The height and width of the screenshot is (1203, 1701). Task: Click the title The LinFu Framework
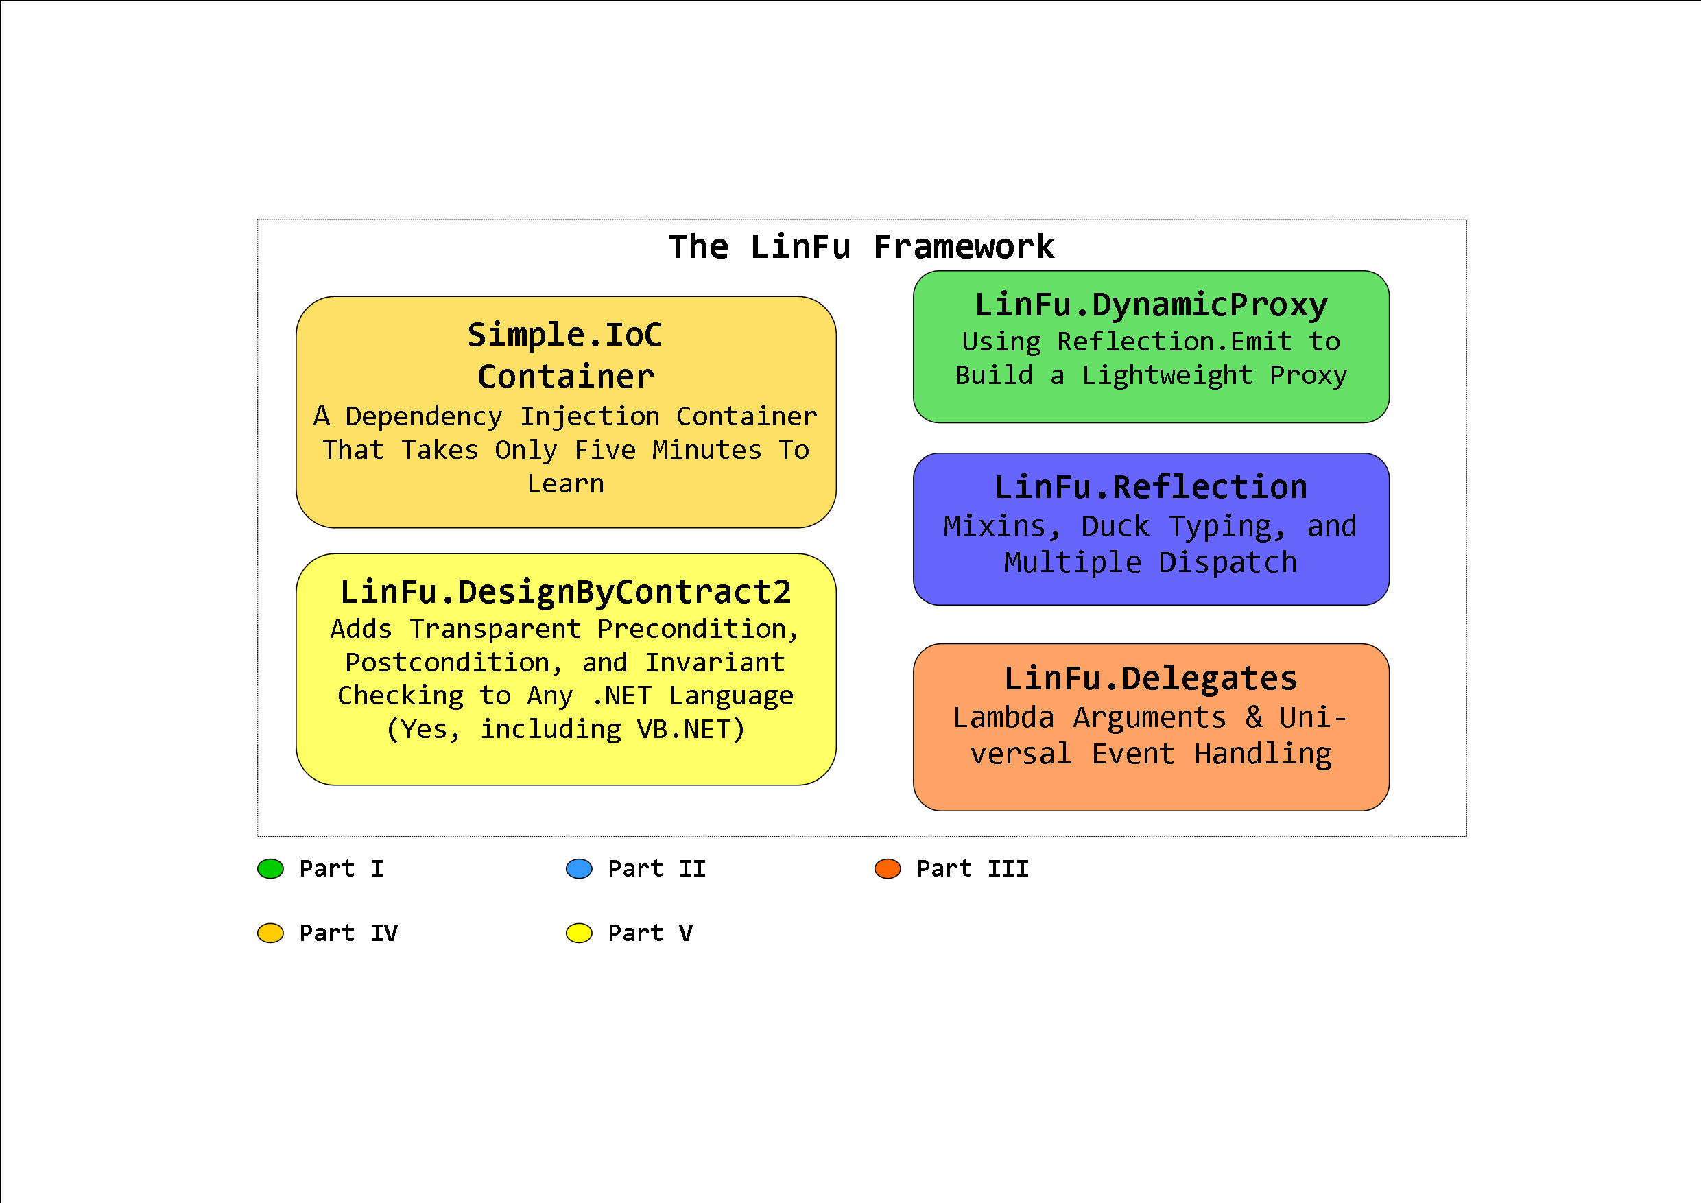click(861, 247)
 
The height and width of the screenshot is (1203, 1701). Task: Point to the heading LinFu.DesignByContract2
click(566, 593)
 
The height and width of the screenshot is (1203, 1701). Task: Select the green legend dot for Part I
click(270, 869)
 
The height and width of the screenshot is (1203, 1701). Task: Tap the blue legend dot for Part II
click(579, 869)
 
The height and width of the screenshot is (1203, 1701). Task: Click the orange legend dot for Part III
click(888, 869)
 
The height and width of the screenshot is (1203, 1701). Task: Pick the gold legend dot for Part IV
click(270, 933)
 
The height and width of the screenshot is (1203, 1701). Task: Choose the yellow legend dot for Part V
click(579, 933)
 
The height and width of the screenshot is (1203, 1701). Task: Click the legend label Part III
click(973, 869)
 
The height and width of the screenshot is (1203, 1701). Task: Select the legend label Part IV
click(348, 933)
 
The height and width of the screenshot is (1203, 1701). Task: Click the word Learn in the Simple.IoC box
click(566, 484)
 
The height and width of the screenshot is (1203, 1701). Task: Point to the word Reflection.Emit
click(1174, 342)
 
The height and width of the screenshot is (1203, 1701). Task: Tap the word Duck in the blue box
click(1115, 527)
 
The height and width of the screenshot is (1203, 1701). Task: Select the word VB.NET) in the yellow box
click(691, 730)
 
